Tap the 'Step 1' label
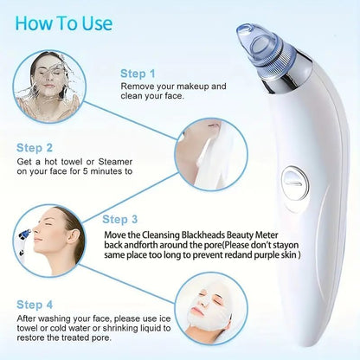(138, 74)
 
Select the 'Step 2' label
(38, 148)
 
